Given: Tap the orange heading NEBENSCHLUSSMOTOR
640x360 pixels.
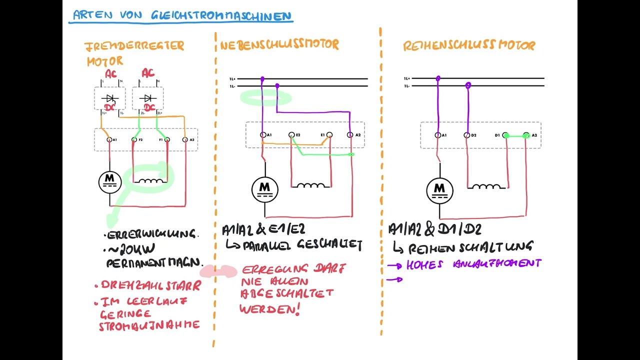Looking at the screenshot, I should click(x=279, y=44).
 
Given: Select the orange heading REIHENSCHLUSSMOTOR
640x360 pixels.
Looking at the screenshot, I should click(x=469, y=45).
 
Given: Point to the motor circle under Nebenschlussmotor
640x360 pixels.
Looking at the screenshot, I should click(x=264, y=189).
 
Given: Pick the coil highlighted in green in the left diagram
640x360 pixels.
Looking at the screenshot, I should click(x=151, y=181).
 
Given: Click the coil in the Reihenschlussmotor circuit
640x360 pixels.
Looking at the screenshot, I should click(x=486, y=186).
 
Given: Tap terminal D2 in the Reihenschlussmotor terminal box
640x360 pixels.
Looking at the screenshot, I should click(x=467, y=135).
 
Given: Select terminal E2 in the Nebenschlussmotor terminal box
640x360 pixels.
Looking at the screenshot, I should click(x=291, y=135).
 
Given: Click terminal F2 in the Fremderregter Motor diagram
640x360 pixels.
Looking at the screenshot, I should click(x=134, y=139).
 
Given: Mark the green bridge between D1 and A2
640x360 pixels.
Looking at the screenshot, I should click(x=516, y=135).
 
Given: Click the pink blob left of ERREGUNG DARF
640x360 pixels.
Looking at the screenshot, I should click(x=218, y=271).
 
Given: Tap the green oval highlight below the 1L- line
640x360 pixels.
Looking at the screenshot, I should click(x=265, y=97).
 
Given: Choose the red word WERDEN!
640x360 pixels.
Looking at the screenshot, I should click(x=270, y=309).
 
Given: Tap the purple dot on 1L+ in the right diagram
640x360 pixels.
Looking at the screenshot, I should click(x=438, y=78).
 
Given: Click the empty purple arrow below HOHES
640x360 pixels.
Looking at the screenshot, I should click(x=395, y=279).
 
